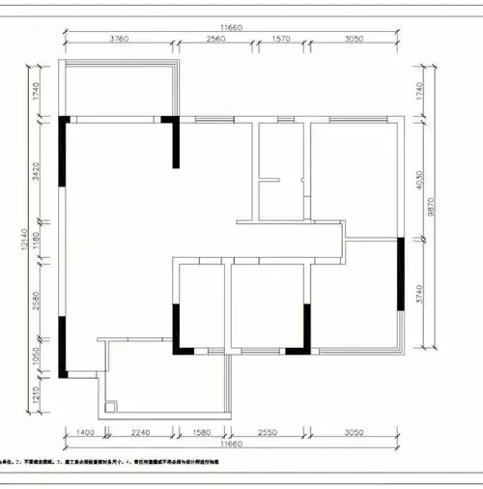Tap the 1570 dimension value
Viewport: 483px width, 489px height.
pos(279,40)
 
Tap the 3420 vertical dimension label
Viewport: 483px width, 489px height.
pos(35,174)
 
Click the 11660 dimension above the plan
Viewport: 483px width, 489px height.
pos(232,28)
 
